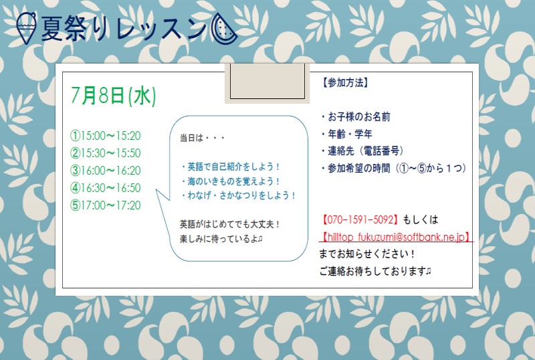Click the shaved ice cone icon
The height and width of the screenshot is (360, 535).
click(x=26, y=28)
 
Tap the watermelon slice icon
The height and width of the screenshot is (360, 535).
click(x=224, y=29)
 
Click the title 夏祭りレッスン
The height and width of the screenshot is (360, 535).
click(x=124, y=29)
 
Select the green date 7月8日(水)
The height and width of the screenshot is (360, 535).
click(x=113, y=95)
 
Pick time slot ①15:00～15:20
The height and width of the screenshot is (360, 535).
click(x=106, y=136)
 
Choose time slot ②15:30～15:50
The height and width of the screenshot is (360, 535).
click(x=106, y=153)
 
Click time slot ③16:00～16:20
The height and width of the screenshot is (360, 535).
click(x=106, y=171)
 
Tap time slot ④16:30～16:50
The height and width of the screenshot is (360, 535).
click(x=106, y=188)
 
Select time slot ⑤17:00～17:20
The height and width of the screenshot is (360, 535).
click(x=106, y=205)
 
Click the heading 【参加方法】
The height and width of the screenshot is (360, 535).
click(x=345, y=83)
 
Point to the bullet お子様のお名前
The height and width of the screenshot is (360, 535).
click(x=356, y=117)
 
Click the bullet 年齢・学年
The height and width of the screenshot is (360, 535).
click(x=346, y=134)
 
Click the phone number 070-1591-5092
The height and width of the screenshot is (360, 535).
click(x=360, y=219)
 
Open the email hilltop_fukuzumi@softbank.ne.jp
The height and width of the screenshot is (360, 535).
click(x=396, y=237)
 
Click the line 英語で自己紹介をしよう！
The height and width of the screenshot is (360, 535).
click(x=230, y=167)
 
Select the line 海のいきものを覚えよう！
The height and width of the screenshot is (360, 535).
click(x=230, y=181)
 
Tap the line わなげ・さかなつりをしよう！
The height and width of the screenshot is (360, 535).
click(x=238, y=195)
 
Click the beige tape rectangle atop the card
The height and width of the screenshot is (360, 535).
click(x=267, y=83)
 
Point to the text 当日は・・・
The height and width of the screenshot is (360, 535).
click(x=203, y=138)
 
